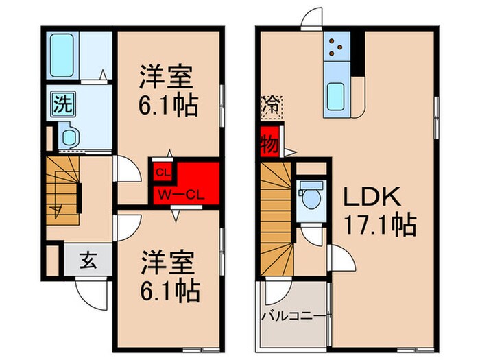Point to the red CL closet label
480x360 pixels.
click(x=163, y=171)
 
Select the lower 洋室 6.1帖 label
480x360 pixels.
click(x=169, y=277)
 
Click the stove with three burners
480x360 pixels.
click(x=336, y=46)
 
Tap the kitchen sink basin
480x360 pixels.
click(x=336, y=92)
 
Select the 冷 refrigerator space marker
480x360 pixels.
click(x=269, y=106)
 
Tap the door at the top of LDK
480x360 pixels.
click(x=311, y=19)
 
